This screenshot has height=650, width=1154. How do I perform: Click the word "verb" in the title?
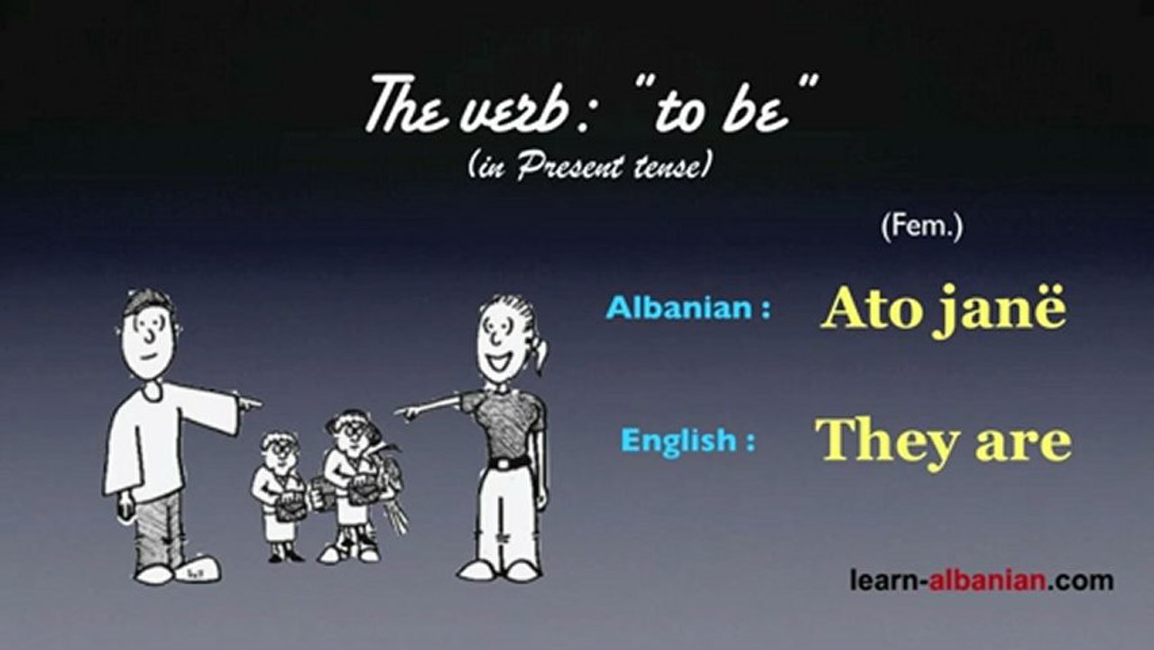498,106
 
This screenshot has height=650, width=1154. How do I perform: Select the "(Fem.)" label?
921,227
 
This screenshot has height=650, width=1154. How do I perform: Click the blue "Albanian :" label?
688,309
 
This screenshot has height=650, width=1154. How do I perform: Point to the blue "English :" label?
688,441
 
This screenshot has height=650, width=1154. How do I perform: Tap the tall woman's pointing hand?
409,412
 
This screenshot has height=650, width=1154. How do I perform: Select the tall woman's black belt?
509,463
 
